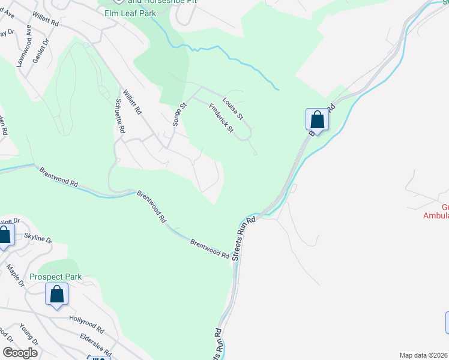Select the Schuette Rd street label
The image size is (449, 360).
(119, 117)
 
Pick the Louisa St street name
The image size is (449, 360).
(232, 108)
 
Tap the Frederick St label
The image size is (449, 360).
(221, 118)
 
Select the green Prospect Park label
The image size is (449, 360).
(56, 277)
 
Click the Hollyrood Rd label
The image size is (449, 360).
(86, 325)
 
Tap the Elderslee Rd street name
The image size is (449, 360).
(95, 344)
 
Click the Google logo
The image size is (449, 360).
(20, 352)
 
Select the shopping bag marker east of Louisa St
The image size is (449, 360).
(317, 119)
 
